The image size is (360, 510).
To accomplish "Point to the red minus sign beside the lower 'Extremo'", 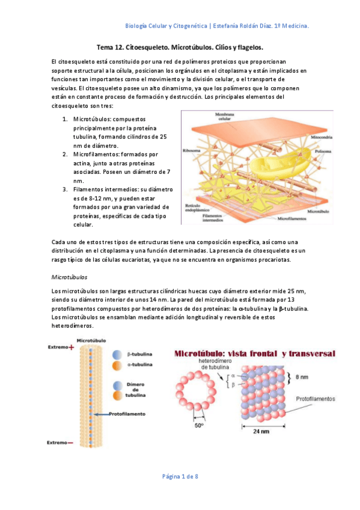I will tap(71, 444).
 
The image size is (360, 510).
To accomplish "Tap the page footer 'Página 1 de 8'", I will tap(180, 476).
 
